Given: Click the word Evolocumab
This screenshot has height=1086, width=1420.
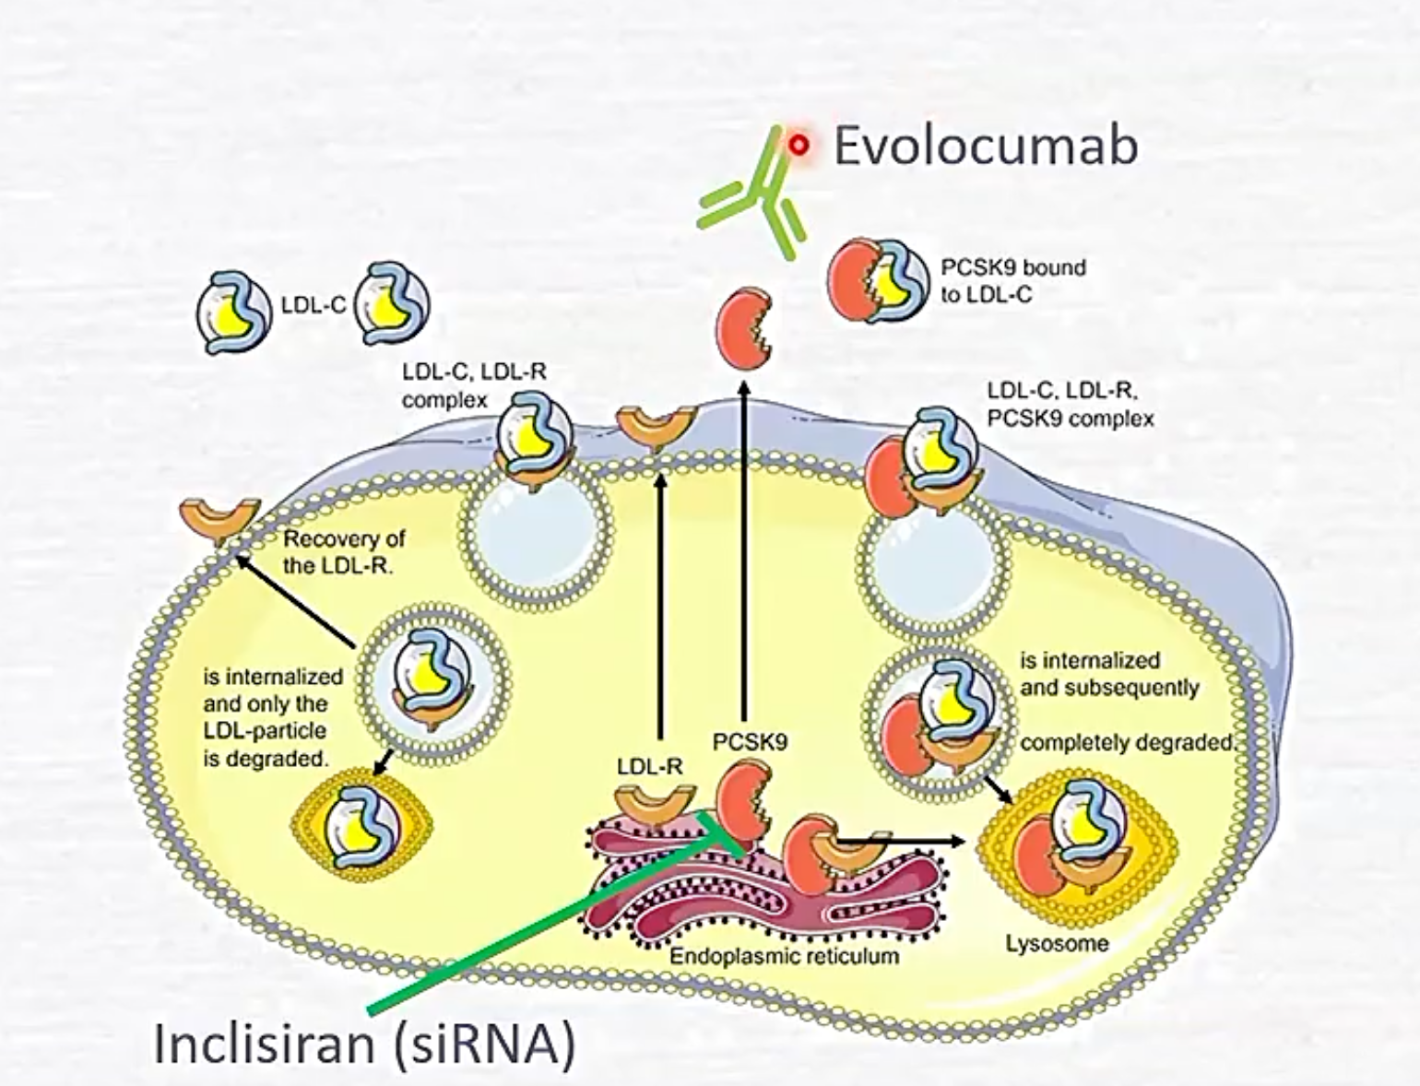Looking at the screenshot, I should [x=985, y=147].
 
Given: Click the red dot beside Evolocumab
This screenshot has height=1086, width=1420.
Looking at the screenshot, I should [x=799, y=145].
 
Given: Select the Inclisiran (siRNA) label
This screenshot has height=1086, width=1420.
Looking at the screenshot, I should [x=364, y=1045].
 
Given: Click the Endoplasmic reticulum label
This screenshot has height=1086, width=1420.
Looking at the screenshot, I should [x=784, y=955].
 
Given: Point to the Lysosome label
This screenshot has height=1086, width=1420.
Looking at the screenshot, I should [x=1057, y=943].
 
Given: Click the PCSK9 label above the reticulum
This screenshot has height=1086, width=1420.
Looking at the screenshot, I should [x=750, y=741].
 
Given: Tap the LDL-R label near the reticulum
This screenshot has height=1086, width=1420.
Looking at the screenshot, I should [x=649, y=765].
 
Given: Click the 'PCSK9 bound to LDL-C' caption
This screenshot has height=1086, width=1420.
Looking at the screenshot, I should [x=1012, y=280].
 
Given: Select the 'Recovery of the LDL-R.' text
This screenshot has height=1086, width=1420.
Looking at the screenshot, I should [x=343, y=551].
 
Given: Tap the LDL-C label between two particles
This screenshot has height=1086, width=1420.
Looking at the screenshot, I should [x=314, y=305].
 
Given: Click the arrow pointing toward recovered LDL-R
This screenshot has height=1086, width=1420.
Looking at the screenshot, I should [x=295, y=599].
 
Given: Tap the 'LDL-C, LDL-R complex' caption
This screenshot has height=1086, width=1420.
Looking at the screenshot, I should [x=473, y=385].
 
